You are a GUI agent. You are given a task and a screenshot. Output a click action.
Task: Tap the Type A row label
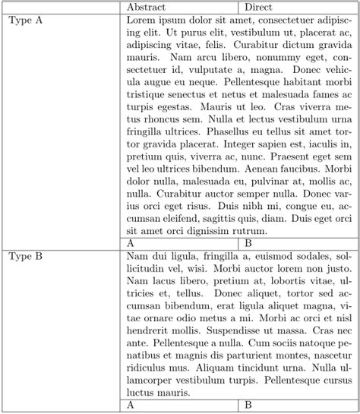[27, 21]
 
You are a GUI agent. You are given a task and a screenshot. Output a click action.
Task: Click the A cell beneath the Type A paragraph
[131, 243]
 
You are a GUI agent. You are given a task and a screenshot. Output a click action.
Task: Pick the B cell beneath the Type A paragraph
[248, 243]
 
